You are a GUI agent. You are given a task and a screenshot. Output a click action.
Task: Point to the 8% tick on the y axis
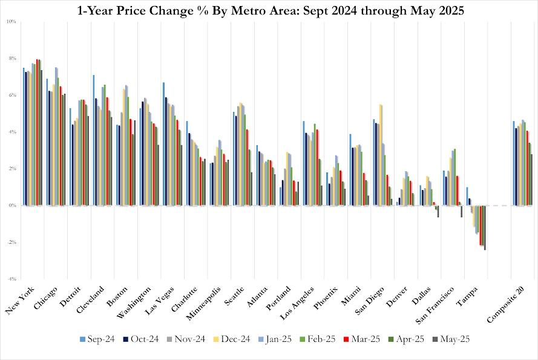coord(11,58)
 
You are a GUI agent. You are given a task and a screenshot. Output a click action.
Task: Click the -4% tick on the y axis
coord(11,279)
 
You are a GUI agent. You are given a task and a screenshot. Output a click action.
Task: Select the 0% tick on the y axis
coord(11,206)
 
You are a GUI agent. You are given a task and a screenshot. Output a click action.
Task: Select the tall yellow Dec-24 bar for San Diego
coord(380,155)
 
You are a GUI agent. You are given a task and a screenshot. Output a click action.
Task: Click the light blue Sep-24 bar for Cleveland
coord(94,140)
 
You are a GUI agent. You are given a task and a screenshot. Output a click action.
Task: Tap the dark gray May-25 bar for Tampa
coord(485,227)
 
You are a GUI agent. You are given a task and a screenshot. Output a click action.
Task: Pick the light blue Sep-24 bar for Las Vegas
coord(164,144)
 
